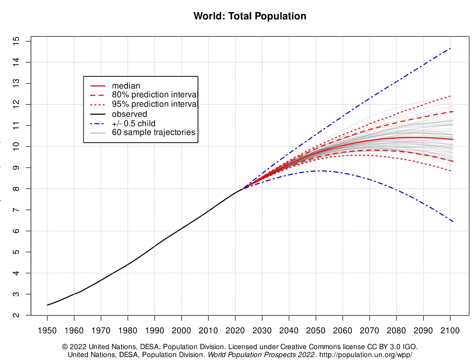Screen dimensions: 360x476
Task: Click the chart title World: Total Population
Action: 250,17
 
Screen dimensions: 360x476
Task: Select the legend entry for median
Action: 126,86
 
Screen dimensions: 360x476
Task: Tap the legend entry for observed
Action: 129,114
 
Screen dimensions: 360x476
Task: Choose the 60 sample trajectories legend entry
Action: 153,132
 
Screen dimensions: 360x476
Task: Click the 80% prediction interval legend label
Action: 154,95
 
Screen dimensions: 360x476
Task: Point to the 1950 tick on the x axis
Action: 47,331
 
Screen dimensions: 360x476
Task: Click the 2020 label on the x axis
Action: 235,331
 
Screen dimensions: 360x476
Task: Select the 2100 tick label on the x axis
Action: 451,331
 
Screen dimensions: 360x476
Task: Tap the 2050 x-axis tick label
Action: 316,331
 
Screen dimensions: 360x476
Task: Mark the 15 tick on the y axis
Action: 16,41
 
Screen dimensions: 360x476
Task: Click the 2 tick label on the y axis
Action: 16,315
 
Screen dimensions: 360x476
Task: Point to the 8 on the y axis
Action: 16,189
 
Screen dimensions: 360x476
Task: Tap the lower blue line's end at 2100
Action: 453,221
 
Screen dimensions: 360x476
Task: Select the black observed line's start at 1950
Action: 48,305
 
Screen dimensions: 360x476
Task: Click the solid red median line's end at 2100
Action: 453,139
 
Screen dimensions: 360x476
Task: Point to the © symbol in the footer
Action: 65,347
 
